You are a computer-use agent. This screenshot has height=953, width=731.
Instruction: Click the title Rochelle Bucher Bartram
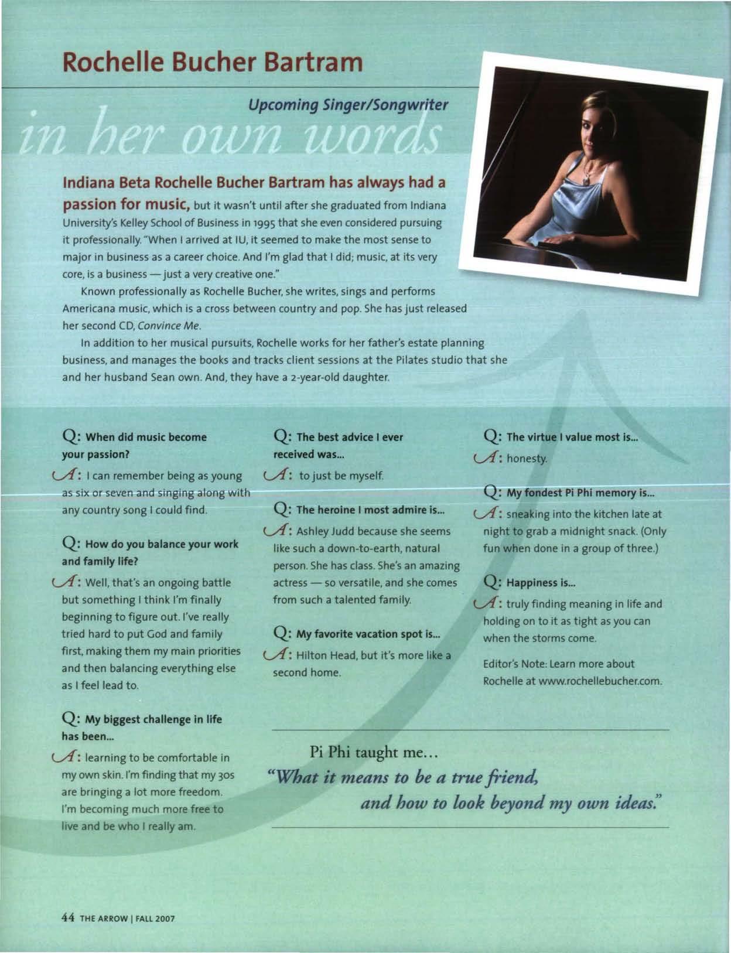click(x=213, y=61)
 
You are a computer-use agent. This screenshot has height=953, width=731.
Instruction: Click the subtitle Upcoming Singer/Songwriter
click(x=348, y=105)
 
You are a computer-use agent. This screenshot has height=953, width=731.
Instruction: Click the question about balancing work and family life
click(x=150, y=552)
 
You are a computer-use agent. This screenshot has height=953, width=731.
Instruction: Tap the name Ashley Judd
click(x=322, y=531)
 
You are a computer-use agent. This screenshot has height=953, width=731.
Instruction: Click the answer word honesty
click(x=527, y=458)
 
